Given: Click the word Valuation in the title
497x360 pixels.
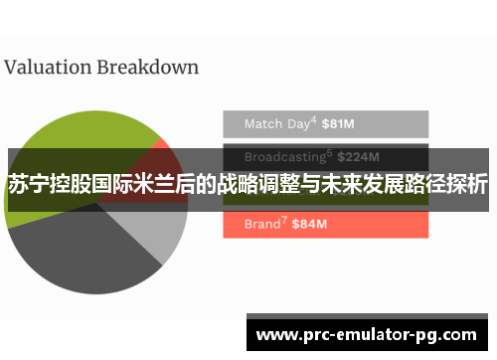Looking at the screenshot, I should (47, 68).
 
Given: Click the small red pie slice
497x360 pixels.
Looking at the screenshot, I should (159, 159).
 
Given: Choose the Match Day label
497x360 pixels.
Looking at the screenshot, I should (276, 124).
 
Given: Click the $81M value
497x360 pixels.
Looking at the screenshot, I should (339, 124).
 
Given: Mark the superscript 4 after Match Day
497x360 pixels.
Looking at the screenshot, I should (313, 120).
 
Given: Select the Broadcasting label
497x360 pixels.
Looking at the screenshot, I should (284, 156).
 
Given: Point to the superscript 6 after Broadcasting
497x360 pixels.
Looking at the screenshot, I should (329, 152).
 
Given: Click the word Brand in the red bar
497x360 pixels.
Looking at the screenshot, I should (263, 224).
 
